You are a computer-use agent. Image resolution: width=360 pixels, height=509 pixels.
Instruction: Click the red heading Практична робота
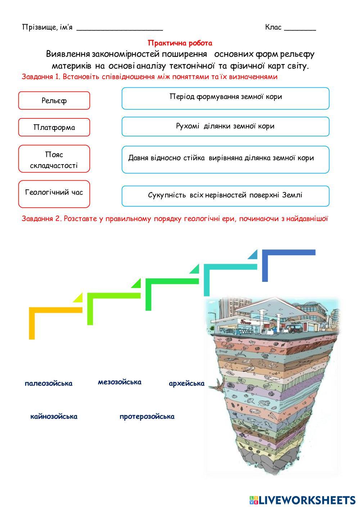tap(180, 43)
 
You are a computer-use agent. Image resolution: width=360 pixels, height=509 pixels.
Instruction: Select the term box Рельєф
tap(54, 100)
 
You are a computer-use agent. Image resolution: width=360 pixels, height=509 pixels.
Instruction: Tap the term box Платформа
tap(54, 127)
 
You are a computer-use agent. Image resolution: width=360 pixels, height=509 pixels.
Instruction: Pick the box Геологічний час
tap(54, 193)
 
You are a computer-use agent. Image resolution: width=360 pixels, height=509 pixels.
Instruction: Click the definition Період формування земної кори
tap(225, 98)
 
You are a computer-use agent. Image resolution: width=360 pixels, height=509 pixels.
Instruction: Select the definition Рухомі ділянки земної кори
tap(225, 126)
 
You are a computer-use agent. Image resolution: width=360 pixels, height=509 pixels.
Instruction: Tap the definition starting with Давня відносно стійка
tap(225, 159)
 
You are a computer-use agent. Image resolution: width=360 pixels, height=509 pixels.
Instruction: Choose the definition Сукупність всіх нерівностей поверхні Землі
tap(225, 196)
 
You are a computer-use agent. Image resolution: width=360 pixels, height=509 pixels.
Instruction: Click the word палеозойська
tap(49, 383)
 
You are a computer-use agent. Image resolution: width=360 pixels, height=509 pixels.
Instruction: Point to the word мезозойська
tap(120, 382)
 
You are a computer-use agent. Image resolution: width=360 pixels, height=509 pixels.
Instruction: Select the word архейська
tap(186, 383)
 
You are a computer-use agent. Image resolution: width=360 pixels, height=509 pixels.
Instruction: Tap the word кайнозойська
tap(54, 416)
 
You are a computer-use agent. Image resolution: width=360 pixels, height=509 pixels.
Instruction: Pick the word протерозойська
tap(147, 416)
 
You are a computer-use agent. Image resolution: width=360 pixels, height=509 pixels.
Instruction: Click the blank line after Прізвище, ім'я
tap(120, 29)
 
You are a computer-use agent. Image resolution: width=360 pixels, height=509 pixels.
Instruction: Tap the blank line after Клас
tap(300, 29)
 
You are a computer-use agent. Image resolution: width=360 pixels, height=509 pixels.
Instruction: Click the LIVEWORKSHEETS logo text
tap(306, 500)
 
